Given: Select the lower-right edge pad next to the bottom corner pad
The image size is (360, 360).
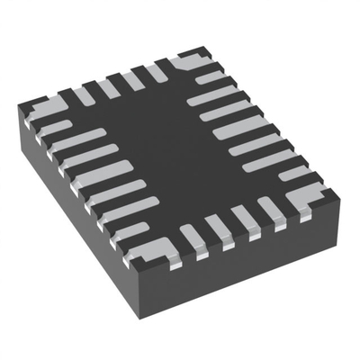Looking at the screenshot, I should (x=192, y=238).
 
